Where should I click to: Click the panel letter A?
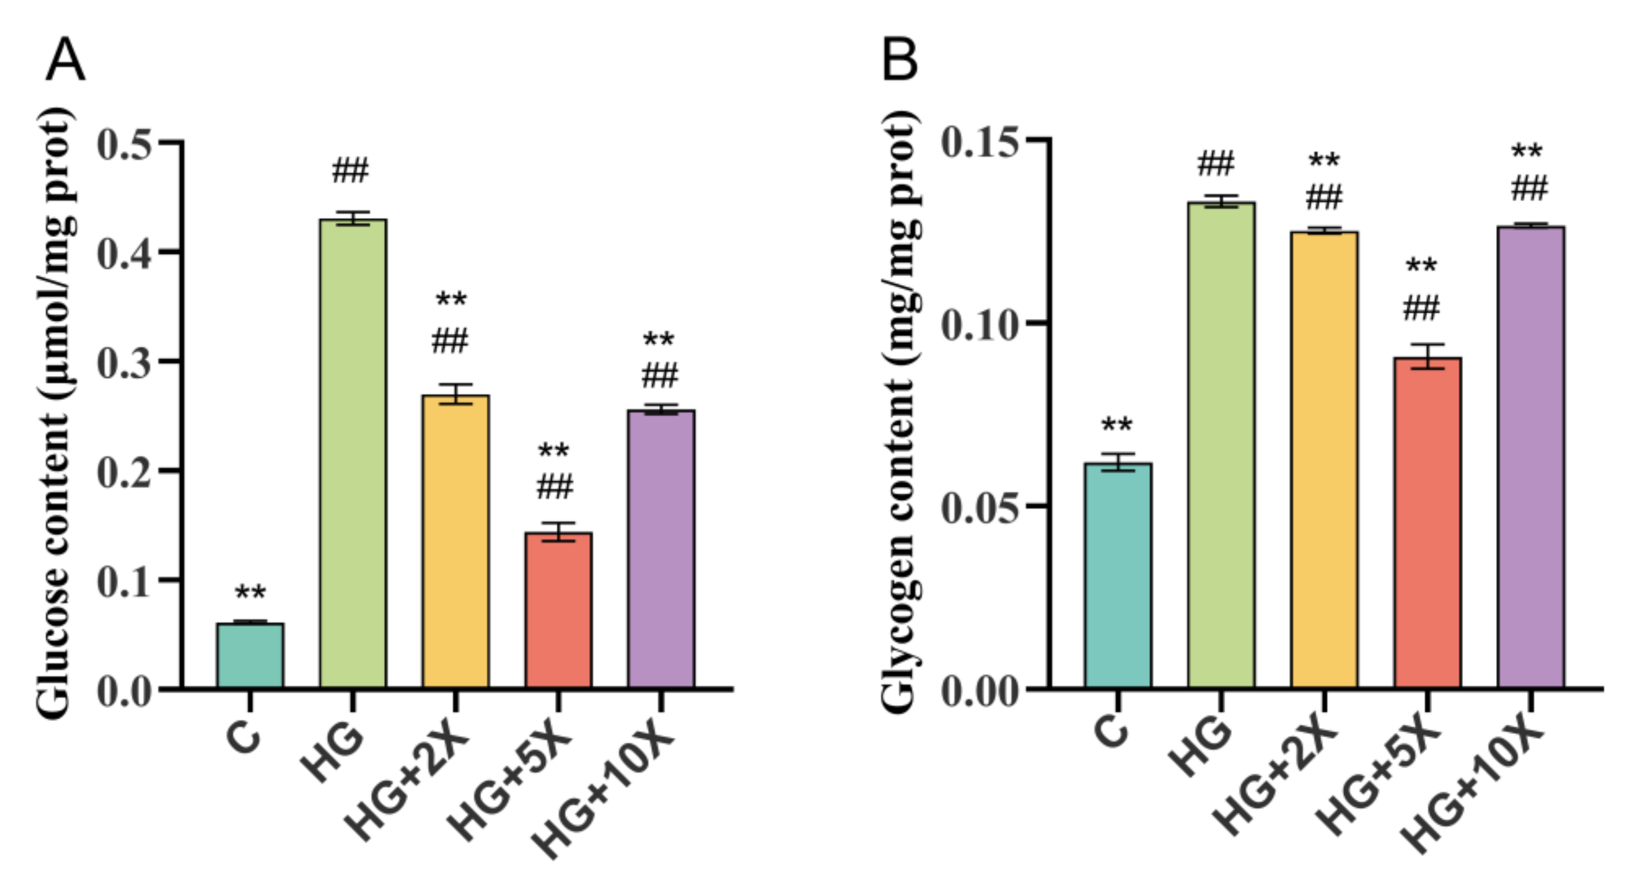65,60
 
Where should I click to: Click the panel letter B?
900,60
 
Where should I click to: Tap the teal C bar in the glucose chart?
250,656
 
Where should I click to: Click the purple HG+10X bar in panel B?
1531,456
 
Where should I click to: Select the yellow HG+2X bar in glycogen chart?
1325,460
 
